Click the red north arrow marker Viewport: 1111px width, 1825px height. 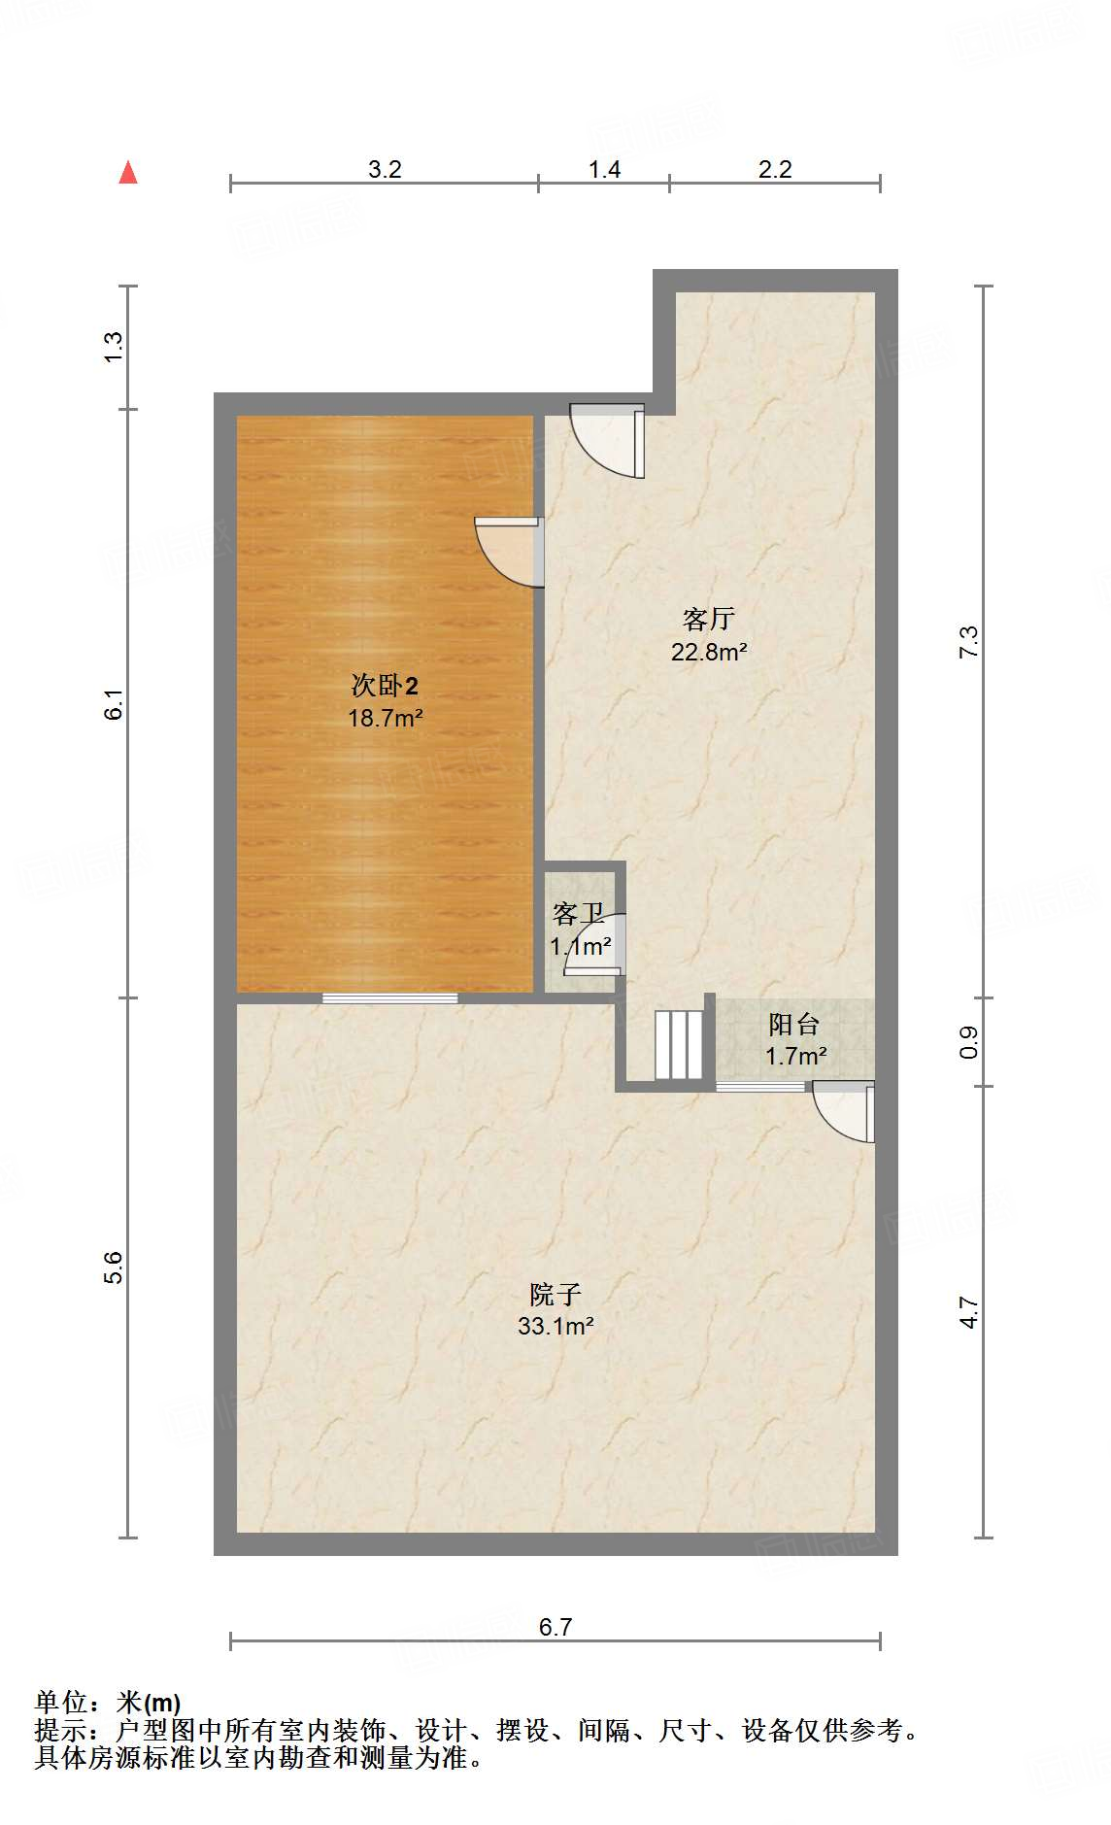click(128, 173)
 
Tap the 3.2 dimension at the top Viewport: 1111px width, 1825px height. click(385, 169)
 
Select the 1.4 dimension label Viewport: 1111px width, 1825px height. click(604, 169)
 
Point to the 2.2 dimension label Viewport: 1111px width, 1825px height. click(775, 169)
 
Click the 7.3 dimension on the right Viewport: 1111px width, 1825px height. click(969, 643)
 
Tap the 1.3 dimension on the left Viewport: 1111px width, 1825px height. click(115, 348)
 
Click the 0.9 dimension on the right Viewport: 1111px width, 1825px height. click(969, 1042)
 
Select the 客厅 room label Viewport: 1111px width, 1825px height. click(709, 619)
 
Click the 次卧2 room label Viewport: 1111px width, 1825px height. click(385, 686)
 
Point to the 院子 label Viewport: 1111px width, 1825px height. click(555, 1294)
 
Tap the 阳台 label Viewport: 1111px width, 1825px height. click(794, 1024)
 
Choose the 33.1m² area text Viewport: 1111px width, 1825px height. click(555, 1326)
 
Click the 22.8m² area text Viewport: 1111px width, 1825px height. click(709, 652)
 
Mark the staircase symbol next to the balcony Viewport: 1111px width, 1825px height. click(678, 1045)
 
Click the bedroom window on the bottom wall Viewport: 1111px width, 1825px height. click(390, 997)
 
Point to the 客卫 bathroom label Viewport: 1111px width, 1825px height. click(579, 913)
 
